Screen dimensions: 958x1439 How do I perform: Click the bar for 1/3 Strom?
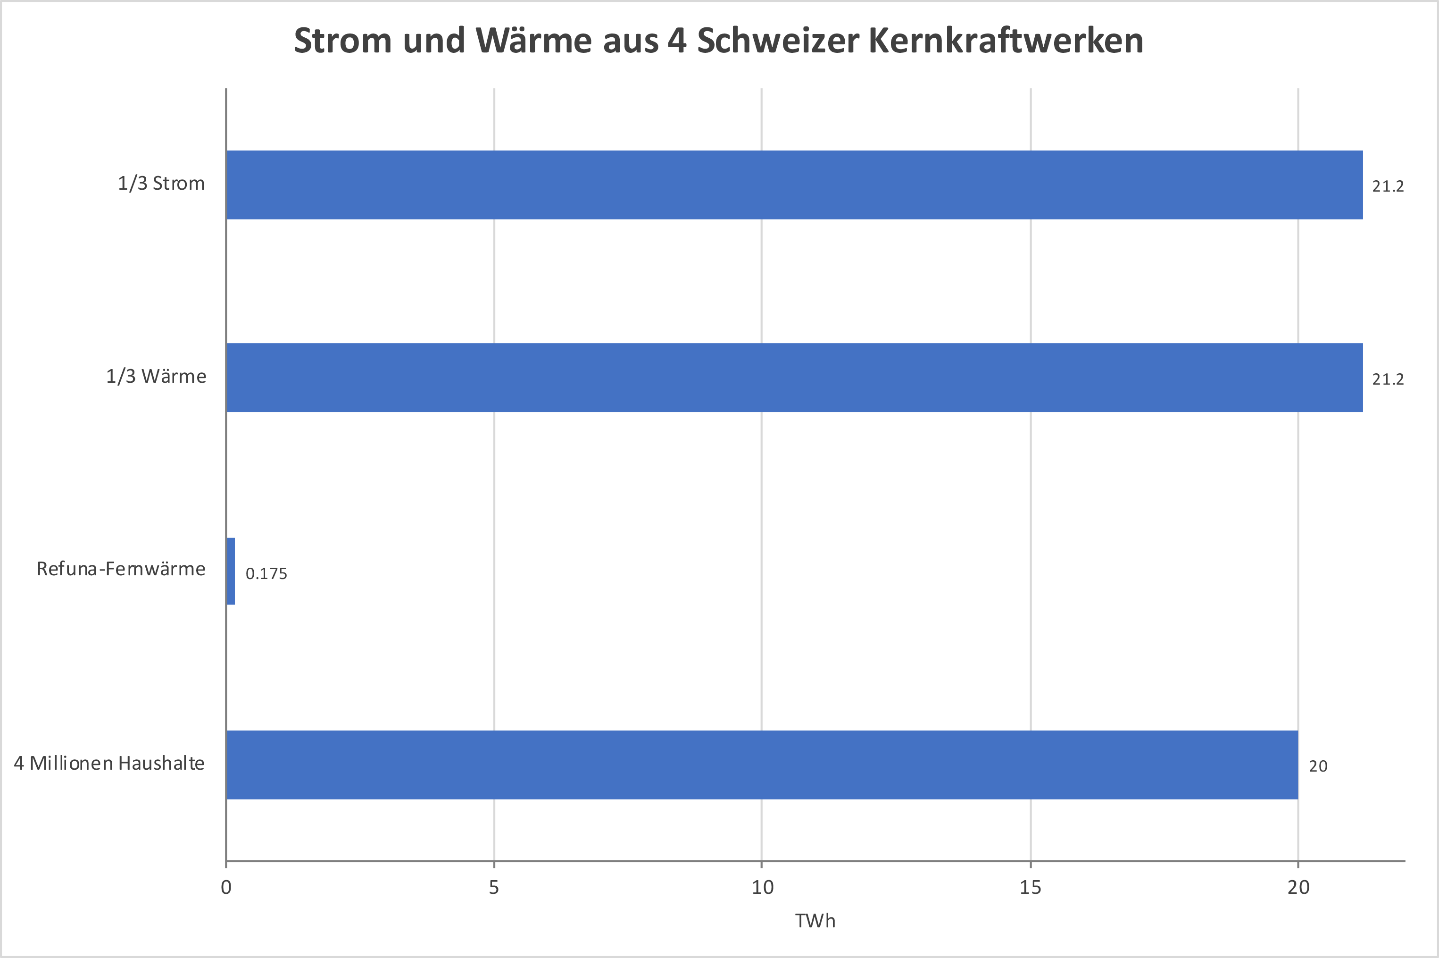tap(794, 185)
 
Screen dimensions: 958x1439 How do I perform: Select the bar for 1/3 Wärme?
tap(794, 377)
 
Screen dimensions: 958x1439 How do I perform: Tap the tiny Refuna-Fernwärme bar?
tap(230, 571)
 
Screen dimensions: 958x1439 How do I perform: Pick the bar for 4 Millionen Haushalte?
tap(761, 765)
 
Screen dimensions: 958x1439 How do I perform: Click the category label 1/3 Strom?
tap(161, 183)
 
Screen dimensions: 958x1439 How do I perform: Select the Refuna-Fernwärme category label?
tap(121, 569)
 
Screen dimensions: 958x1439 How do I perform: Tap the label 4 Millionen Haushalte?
tap(109, 763)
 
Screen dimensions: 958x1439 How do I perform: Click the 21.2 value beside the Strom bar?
tap(1388, 186)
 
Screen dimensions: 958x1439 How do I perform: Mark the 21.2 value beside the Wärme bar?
tap(1388, 379)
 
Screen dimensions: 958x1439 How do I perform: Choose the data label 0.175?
tap(266, 574)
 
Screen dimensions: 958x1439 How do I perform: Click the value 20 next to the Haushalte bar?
tap(1318, 766)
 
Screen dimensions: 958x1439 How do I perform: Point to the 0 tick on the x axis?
tap(226, 887)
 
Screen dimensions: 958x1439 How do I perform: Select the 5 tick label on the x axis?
tap(493, 887)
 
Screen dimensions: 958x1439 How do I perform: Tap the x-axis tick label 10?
tap(762, 887)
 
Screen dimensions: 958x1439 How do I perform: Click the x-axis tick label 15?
tap(1030, 887)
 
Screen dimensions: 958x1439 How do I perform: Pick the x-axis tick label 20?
tap(1298, 887)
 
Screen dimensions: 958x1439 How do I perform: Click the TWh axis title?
tap(815, 921)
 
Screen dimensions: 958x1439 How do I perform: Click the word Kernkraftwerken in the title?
tap(1006, 41)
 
